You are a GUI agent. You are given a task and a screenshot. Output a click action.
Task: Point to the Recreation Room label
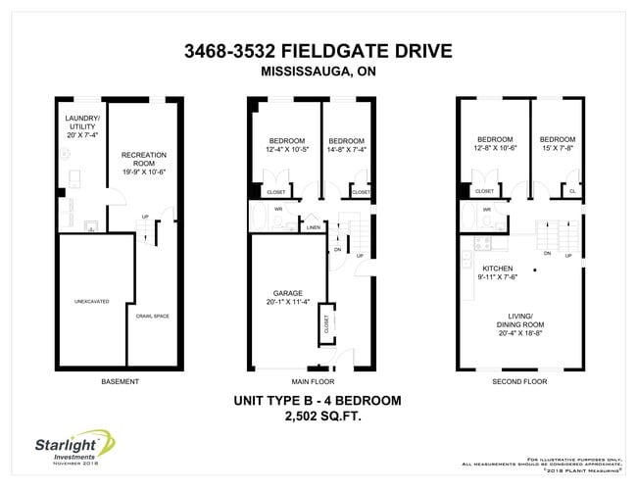144,159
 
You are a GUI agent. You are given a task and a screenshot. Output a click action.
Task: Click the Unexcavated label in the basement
91,301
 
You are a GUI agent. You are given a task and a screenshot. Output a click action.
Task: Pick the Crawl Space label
153,316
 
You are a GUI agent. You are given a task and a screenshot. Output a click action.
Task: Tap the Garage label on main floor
287,298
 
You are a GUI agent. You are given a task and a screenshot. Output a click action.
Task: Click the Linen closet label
313,227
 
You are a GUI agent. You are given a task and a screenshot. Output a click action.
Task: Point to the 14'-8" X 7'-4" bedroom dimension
347,149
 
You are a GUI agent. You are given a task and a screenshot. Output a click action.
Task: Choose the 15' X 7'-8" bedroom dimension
557,149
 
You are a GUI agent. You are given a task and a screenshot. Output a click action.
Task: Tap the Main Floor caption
313,381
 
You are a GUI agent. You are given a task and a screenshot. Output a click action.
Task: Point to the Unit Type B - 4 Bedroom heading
319,400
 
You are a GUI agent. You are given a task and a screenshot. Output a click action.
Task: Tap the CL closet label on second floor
571,192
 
